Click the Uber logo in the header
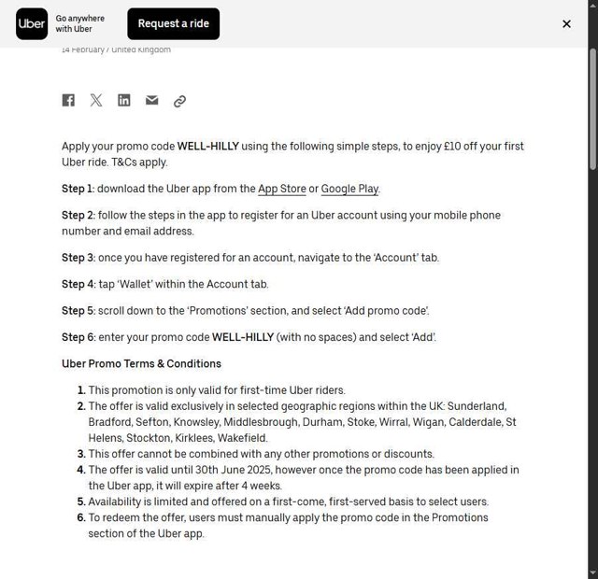tap(32, 24)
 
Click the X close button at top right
tap(566, 24)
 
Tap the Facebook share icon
tap(68, 101)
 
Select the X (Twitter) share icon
tap(96, 101)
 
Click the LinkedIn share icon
tap(124, 101)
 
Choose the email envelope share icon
tap(151, 101)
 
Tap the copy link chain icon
tap(179, 101)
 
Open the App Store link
tap(282, 189)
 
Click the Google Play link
tap(349, 189)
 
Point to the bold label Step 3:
tap(78, 258)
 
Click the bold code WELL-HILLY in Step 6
tap(243, 337)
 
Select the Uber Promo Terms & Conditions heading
tap(141, 364)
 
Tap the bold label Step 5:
tap(78, 311)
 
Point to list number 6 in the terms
tap(81, 517)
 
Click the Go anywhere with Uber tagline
tap(80, 24)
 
